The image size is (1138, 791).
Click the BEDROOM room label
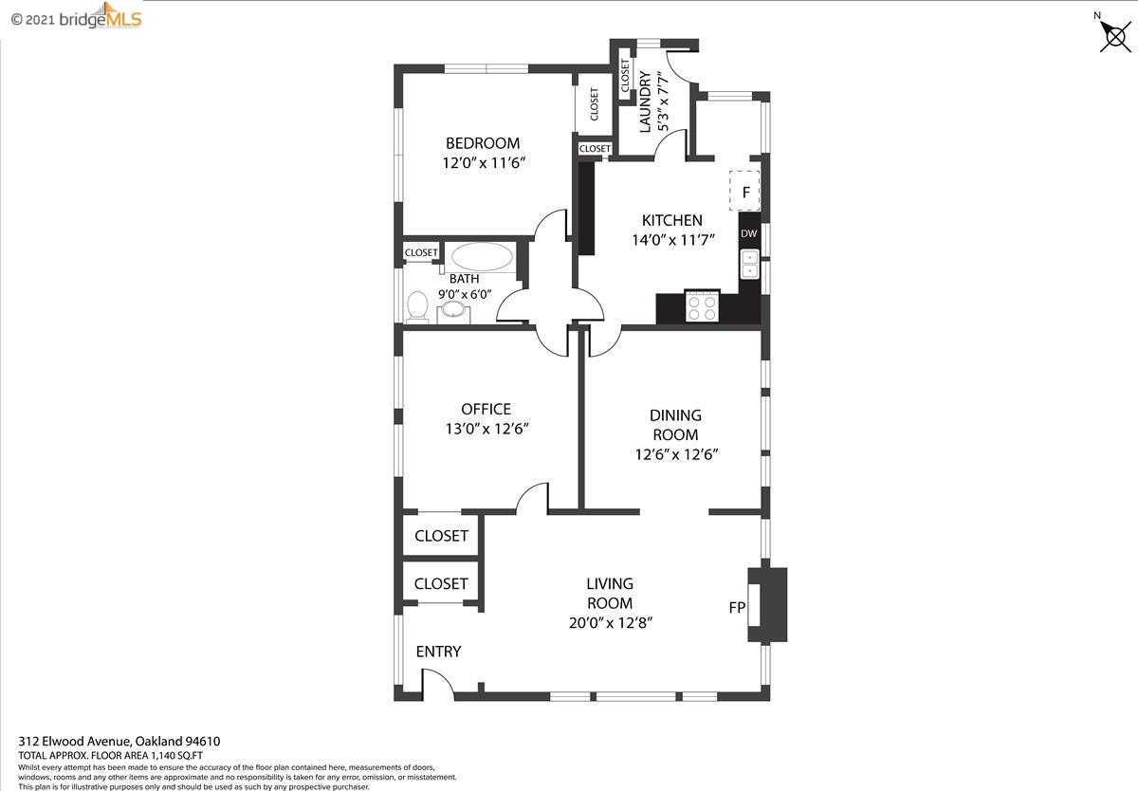point(483,143)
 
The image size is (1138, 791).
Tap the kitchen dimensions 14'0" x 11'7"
point(673,240)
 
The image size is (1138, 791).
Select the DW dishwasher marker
point(749,233)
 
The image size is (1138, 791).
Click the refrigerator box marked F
point(745,191)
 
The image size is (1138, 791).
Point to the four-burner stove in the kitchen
point(703,305)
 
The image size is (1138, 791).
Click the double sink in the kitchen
point(749,265)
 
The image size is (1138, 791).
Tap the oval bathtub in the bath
point(482,257)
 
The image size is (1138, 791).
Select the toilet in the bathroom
point(417,305)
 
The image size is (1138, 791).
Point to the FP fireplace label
point(737,607)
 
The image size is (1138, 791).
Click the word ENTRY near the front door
point(438,652)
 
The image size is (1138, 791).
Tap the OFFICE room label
point(486,409)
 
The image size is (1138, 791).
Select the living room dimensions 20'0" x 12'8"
point(611,623)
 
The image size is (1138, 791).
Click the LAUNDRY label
point(645,101)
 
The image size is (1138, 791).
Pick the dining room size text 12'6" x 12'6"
point(677,454)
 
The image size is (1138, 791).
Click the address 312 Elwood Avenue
point(76,742)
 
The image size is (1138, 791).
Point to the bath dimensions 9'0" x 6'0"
point(465,294)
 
